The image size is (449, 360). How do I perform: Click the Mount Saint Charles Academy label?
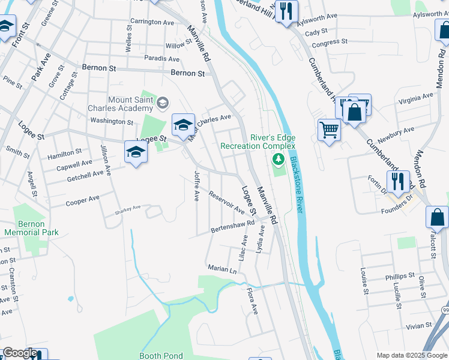coord(130,104)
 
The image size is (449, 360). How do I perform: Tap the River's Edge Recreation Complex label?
coord(258,142)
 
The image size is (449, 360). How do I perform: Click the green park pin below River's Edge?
coord(277,160)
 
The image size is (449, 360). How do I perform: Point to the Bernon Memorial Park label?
coord(31,228)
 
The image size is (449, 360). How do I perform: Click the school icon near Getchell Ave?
coord(136,152)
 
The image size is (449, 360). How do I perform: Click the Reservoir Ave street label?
coord(226,202)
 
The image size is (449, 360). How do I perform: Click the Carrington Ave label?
coord(152,22)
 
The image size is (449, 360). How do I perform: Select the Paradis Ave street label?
coord(161,59)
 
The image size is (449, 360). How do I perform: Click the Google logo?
coord(20,353)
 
